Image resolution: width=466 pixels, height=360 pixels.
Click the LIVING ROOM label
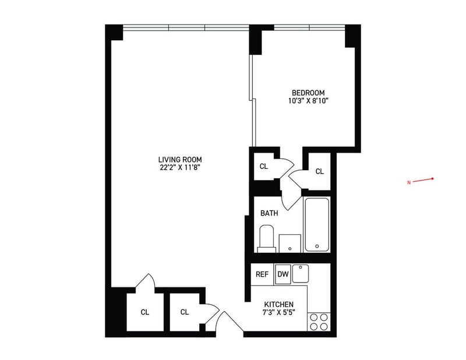(x=180, y=160)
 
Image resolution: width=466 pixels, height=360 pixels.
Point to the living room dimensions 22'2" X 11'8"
(x=179, y=168)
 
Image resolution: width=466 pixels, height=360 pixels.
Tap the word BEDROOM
(x=308, y=93)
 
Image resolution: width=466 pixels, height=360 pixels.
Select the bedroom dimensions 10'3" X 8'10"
(x=308, y=101)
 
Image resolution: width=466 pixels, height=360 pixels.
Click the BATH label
(x=269, y=213)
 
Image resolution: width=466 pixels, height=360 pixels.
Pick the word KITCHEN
(x=279, y=305)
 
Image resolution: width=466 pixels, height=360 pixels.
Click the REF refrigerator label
(x=262, y=274)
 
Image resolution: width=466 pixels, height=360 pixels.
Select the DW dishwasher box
(x=283, y=274)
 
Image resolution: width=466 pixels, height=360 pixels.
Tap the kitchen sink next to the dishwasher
(x=301, y=273)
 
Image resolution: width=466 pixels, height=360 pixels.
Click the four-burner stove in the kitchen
(x=319, y=322)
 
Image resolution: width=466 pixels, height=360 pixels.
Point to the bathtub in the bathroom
(x=317, y=225)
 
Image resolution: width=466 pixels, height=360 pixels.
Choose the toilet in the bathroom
(x=266, y=239)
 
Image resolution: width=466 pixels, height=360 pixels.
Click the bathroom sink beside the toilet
(x=290, y=243)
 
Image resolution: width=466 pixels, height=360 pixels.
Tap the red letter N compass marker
(x=409, y=182)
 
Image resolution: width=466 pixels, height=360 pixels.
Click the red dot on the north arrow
(x=432, y=179)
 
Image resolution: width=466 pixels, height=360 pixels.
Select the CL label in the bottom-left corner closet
(x=144, y=312)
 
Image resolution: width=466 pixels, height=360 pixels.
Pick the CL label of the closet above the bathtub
(x=319, y=171)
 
